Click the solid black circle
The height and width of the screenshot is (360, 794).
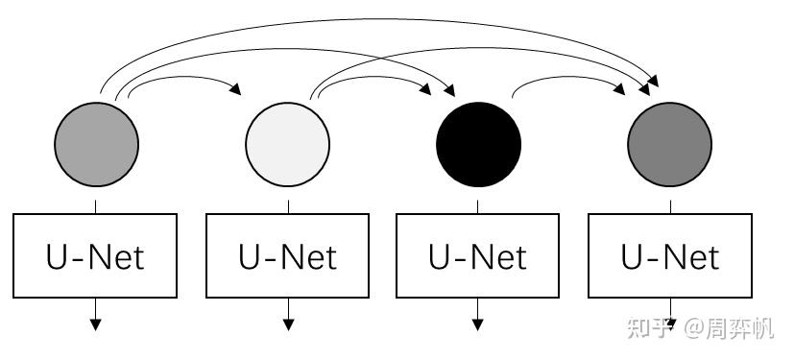tap(478, 144)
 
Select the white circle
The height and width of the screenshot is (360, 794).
tap(288, 144)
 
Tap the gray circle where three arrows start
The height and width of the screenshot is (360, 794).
tap(96, 144)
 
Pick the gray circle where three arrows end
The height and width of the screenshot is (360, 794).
tap(669, 144)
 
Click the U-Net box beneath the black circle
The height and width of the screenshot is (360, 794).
tap(477, 255)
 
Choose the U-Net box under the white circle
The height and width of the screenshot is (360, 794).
tap(288, 255)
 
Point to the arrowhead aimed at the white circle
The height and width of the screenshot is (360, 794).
tap(235, 89)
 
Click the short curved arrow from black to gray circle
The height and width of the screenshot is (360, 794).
tap(567, 78)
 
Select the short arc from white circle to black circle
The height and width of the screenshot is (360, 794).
tap(373, 78)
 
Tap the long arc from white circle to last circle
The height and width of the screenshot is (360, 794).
tap(476, 48)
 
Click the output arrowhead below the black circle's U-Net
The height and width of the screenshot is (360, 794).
tap(477, 324)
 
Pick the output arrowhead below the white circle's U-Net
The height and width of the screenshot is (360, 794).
tap(289, 324)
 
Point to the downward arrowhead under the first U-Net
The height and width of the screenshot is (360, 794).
tap(96, 324)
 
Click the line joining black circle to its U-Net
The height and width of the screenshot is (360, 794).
tap(477, 206)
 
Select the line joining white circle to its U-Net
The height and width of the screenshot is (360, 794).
tap(289, 206)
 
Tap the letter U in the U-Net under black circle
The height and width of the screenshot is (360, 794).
tap(439, 256)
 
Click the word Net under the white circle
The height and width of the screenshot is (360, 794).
tap(309, 256)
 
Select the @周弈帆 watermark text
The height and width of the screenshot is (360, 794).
tap(729, 328)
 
